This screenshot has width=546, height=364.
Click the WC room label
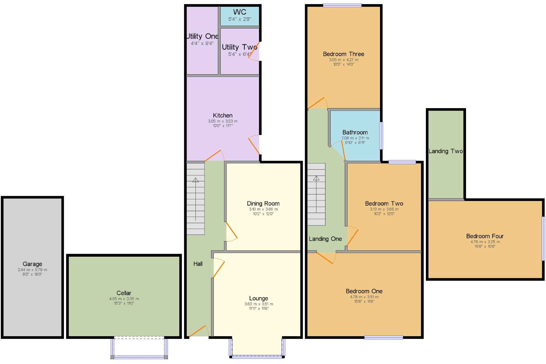pyautogui.click(x=240, y=12)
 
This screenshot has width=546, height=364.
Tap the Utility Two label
pyautogui.click(x=239, y=47)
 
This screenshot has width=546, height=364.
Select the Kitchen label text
pyautogui.click(x=223, y=116)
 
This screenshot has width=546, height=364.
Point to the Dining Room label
pyautogui.click(x=263, y=203)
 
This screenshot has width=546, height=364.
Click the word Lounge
pyautogui.click(x=259, y=298)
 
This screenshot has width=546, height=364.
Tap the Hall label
pyautogui.click(x=198, y=264)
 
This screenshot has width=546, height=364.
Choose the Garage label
pyautogui.click(x=32, y=264)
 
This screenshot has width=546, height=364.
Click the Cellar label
pyautogui.click(x=124, y=293)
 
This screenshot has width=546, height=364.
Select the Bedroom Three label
pyautogui.click(x=343, y=54)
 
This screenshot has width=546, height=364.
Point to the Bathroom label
pyautogui.click(x=355, y=132)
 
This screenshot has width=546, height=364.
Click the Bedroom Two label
pyautogui.click(x=384, y=203)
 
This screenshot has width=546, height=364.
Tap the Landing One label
pyautogui.click(x=325, y=239)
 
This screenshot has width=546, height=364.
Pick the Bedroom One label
pyautogui.click(x=364, y=291)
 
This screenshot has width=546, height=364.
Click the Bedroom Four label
pyautogui.click(x=485, y=236)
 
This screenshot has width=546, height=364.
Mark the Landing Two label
pyautogui.click(x=446, y=151)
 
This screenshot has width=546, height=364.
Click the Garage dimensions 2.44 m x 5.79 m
pyautogui.click(x=32, y=270)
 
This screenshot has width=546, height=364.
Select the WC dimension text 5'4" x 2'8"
pyautogui.click(x=240, y=19)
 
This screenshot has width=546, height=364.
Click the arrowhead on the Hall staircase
pyautogui.click(x=195, y=180)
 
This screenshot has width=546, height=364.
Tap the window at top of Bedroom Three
pyautogui.click(x=342, y=5)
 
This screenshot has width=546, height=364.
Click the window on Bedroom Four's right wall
pyautogui.click(x=543, y=239)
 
